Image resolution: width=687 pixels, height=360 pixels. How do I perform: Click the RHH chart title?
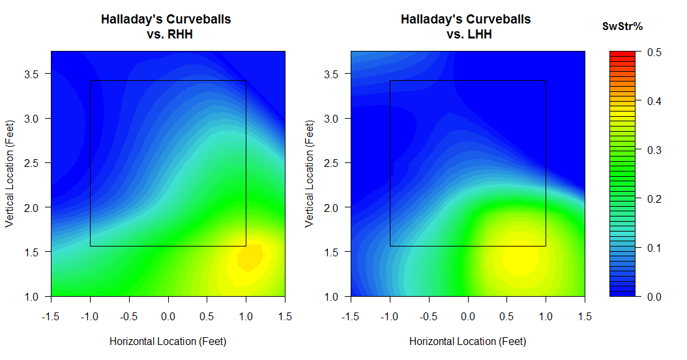click(166, 27)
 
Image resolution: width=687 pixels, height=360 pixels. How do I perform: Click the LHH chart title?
click(465, 27)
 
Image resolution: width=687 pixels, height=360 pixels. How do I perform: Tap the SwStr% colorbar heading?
click(622, 27)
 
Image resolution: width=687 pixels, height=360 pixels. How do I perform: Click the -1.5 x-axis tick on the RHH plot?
click(51, 316)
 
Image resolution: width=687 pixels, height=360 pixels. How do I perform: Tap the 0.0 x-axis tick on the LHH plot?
click(467, 316)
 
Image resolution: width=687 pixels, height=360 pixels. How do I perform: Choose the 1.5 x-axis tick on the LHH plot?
click(584, 316)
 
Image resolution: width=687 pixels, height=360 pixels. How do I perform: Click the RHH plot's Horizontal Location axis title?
click(168, 341)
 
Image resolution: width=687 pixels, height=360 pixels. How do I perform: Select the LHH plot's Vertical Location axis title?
click(310, 173)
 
